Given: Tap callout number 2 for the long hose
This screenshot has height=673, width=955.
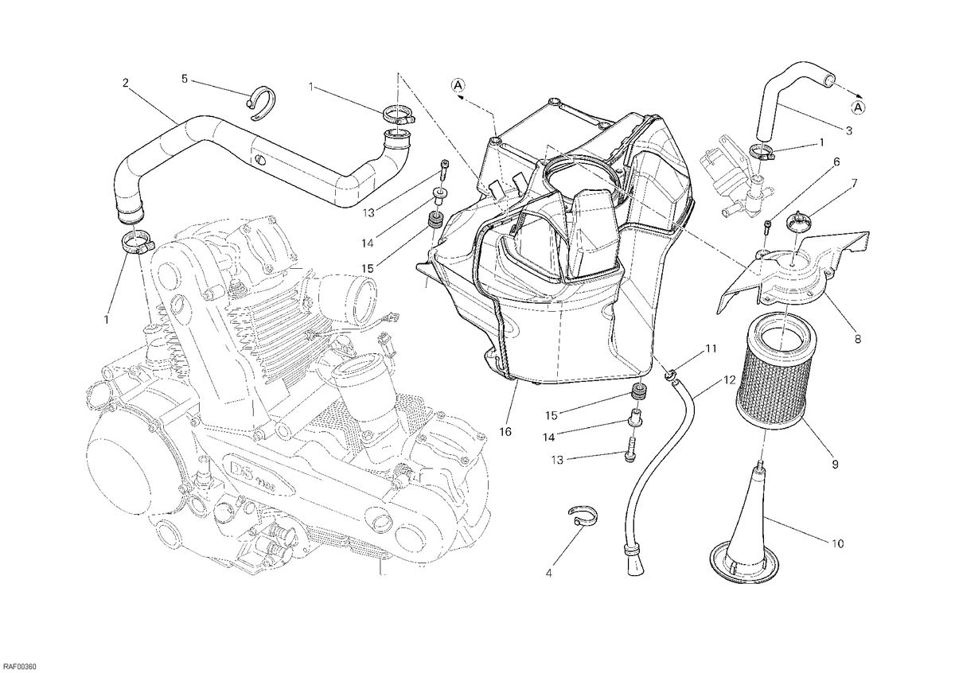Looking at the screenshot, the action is (x=125, y=83).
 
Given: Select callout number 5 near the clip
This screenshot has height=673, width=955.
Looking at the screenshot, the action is (x=185, y=79).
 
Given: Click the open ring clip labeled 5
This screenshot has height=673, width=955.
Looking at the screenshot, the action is (x=261, y=104).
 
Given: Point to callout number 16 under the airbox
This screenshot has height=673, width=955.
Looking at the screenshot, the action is (x=505, y=432).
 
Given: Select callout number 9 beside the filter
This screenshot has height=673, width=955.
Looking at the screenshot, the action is (x=835, y=464).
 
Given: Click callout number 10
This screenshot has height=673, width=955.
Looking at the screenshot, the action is (x=838, y=544).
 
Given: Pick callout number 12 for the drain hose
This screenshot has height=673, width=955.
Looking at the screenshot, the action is (x=730, y=379).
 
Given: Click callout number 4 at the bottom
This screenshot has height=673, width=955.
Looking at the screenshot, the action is (x=548, y=574).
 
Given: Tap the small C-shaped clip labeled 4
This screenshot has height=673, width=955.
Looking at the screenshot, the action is (x=583, y=515).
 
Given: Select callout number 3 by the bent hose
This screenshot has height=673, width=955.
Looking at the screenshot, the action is (x=849, y=130).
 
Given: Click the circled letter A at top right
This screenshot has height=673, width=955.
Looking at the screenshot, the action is (x=858, y=107).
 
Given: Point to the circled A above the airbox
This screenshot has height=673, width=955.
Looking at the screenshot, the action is (x=458, y=86).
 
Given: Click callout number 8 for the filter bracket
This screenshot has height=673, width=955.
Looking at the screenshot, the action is (x=858, y=339).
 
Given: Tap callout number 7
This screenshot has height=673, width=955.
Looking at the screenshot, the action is (x=842, y=184).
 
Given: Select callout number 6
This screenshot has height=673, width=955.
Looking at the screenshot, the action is (x=836, y=162).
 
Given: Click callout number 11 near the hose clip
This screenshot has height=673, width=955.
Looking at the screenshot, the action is (x=710, y=349).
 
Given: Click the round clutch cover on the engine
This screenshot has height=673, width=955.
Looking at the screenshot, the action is (x=120, y=469).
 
